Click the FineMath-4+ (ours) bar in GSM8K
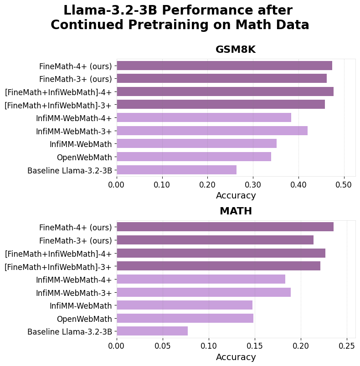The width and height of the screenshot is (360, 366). point(224,66)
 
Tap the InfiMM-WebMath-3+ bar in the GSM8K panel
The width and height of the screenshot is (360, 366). point(212,131)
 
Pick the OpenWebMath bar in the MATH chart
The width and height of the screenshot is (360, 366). point(185,318)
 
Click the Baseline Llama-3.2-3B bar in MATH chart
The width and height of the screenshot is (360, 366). point(152,331)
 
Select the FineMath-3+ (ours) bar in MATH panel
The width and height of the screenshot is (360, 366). point(215,240)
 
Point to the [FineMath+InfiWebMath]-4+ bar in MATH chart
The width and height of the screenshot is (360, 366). point(221,253)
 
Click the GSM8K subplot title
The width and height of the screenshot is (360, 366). point(236,50)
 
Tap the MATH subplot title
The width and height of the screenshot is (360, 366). point(236,211)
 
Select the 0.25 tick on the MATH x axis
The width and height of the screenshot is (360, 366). point(347,346)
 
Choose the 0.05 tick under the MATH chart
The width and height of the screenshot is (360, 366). point(163,346)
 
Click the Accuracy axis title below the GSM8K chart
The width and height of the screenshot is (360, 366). point(236,196)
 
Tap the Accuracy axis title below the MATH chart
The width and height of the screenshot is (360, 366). point(236,357)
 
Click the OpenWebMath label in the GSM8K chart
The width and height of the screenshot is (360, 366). point(84,157)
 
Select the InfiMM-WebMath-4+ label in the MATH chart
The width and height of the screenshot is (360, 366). point(74,279)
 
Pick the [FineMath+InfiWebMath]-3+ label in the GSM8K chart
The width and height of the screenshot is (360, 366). point(58,105)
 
